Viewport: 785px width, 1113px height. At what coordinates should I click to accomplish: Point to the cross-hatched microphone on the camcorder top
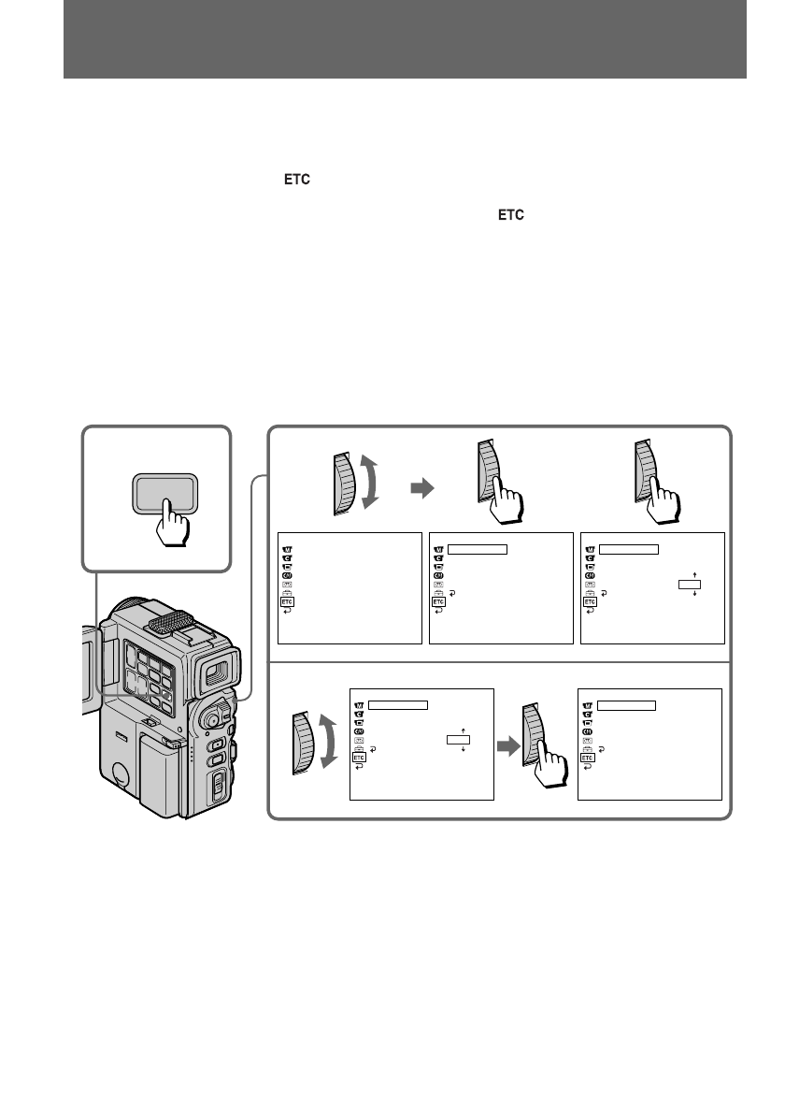coord(170,621)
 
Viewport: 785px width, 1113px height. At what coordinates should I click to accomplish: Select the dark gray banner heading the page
coord(405,39)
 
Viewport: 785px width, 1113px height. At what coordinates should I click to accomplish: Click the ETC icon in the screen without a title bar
coord(287,602)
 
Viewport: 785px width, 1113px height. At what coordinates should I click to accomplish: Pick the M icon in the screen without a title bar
coord(287,549)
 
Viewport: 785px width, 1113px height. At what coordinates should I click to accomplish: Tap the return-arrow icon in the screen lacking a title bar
coord(287,611)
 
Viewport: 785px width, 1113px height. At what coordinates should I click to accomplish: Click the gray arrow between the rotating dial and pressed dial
coord(422,487)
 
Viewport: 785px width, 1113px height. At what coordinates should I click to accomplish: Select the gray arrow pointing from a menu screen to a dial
coord(508,746)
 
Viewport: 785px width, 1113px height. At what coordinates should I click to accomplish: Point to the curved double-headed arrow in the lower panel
coord(328,742)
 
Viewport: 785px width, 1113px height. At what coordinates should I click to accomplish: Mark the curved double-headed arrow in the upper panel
coord(369,483)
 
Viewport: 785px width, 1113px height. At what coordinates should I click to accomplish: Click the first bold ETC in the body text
coord(297,180)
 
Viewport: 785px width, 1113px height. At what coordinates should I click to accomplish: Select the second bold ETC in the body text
coord(510,215)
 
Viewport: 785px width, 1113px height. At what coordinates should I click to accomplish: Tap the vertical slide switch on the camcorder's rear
coord(219,786)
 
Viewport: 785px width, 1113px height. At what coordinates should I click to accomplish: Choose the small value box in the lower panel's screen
coord(458,740)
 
